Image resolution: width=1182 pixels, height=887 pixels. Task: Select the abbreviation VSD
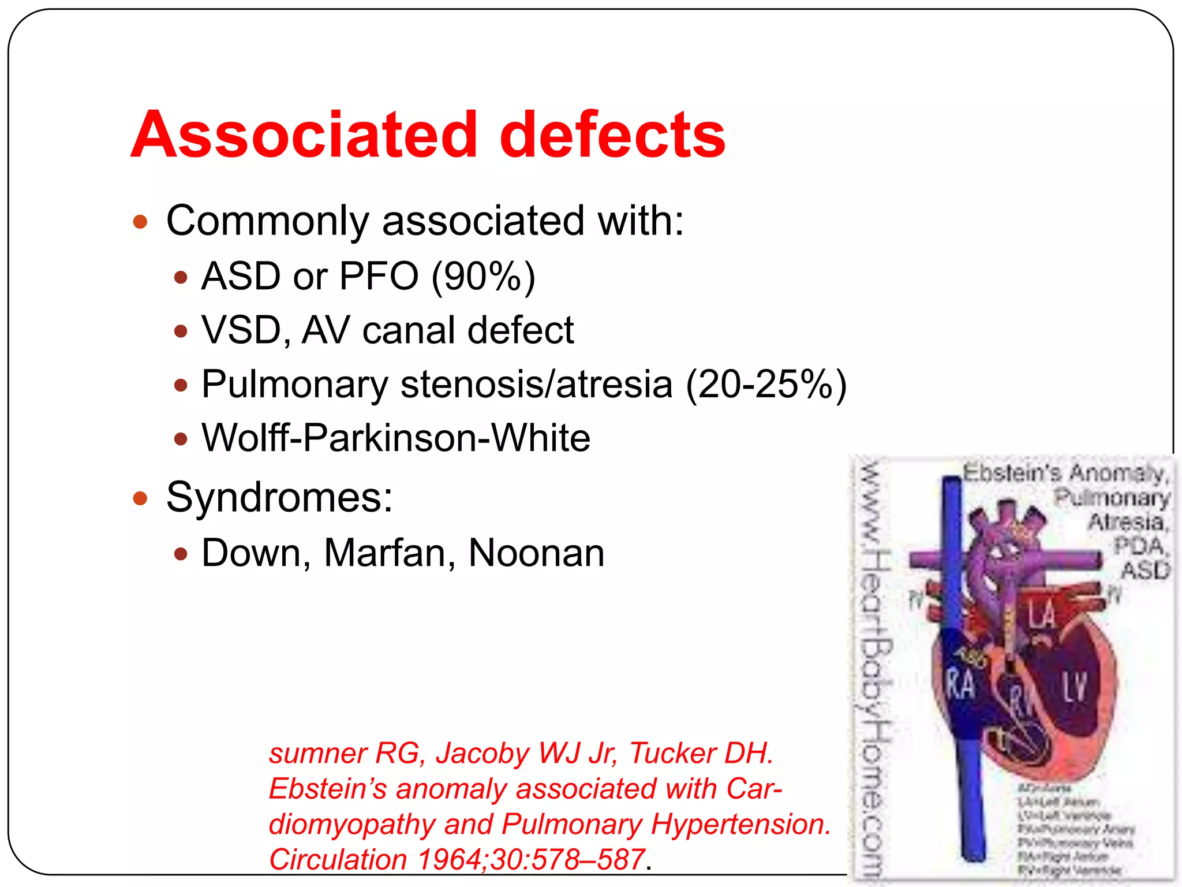[x=241, y=331]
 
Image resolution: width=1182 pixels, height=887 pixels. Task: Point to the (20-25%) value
[x=766, y=385]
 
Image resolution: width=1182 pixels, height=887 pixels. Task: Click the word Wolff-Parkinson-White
[x=396, y=438]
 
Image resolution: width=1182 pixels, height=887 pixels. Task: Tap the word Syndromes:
[x=279, y=497]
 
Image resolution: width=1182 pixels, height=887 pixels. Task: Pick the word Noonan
[x=536, y=553]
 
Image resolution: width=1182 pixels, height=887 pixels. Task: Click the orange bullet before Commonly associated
[x=140, y=222]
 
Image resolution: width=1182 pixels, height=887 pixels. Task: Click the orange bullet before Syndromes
[x=140, y=498]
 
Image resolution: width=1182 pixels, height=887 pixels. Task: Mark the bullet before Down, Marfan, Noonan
[x=181, y=554]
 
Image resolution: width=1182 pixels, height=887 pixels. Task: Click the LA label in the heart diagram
[x=1042, y=614]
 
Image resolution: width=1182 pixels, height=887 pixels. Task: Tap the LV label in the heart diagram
[x=1075, y=687]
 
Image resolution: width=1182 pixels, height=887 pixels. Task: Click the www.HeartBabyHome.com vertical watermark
[x=873, y=670]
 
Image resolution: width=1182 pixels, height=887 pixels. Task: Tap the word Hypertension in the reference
[x=740, y=824]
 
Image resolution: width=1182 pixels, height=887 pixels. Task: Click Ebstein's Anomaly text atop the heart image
[x=1065, y=473]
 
